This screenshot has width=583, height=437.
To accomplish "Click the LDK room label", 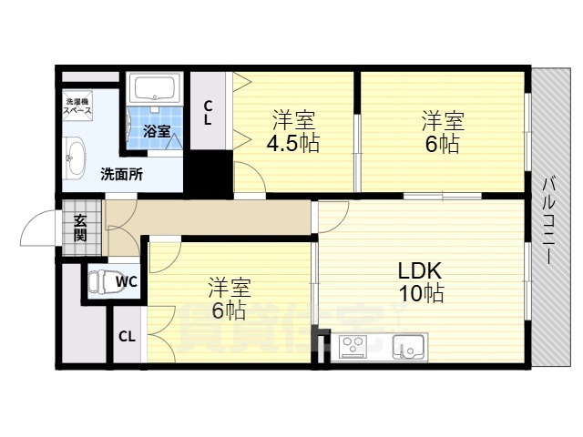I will (419, 271).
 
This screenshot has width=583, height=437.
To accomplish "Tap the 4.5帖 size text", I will (293, 143).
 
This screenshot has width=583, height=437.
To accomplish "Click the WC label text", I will (127, 281).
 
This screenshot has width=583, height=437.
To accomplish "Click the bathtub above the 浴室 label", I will (156, 89).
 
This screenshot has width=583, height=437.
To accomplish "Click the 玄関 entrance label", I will (80, 227).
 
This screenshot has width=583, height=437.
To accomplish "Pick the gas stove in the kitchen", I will (353, 347).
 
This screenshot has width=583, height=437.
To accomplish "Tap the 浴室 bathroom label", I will (157, 131).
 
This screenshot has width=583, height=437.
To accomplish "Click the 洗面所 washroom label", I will (121, 174).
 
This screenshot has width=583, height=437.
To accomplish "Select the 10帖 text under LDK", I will (420, 294).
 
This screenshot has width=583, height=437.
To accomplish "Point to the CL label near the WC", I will (127, 336).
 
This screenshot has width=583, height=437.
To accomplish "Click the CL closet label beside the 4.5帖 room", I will (209, 114).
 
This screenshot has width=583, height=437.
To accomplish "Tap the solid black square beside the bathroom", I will (210, 171).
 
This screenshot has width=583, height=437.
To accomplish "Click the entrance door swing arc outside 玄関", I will (36, 228).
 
